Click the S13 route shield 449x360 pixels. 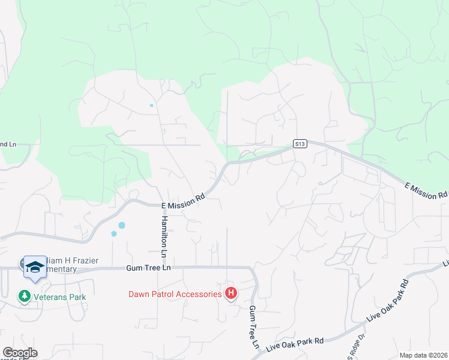(301, 143)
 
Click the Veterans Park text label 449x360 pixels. (60, 297)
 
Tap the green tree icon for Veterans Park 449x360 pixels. (25, 296)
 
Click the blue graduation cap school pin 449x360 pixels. (35, 267)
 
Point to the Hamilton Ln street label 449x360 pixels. (163, 234)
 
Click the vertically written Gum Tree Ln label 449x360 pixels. (253, 328)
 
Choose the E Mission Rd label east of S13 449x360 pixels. (426, 191)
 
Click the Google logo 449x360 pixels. (20, 353)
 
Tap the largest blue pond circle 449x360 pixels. (122, 225)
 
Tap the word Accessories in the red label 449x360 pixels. (197, 294)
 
